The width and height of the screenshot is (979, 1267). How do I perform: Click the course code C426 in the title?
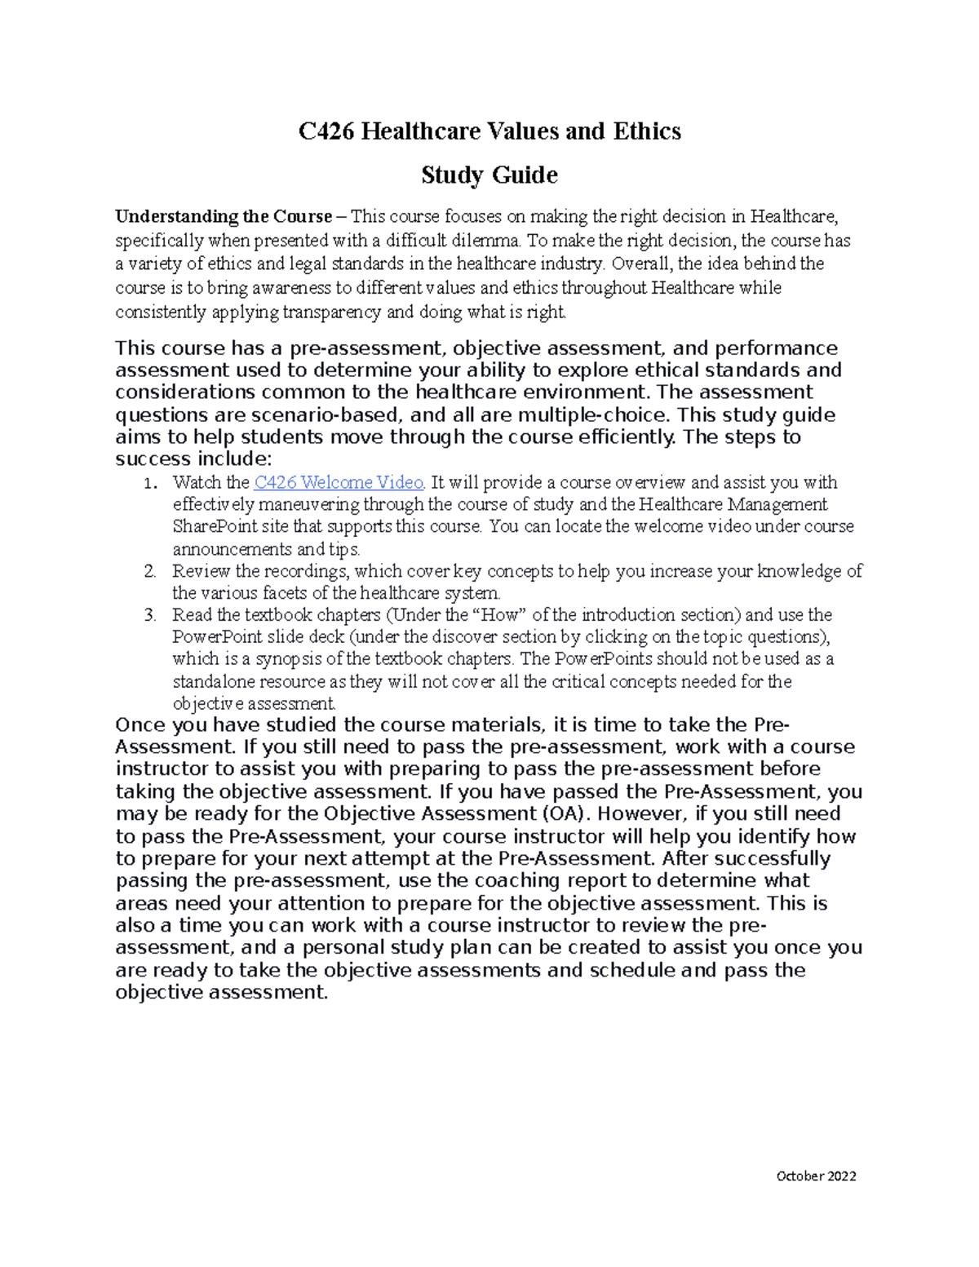(327, 131)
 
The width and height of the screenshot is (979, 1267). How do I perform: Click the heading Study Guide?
(489, 175)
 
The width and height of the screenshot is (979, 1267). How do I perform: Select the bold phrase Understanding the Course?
(224, 217)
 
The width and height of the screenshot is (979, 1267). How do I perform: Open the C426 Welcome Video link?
(339, 482)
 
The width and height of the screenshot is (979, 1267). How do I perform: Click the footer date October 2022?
(816, 1176)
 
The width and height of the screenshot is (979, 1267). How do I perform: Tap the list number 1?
(149, 483)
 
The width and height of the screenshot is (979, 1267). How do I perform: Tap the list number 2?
(149, 571)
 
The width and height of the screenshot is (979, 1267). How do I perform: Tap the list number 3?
(149, 615)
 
